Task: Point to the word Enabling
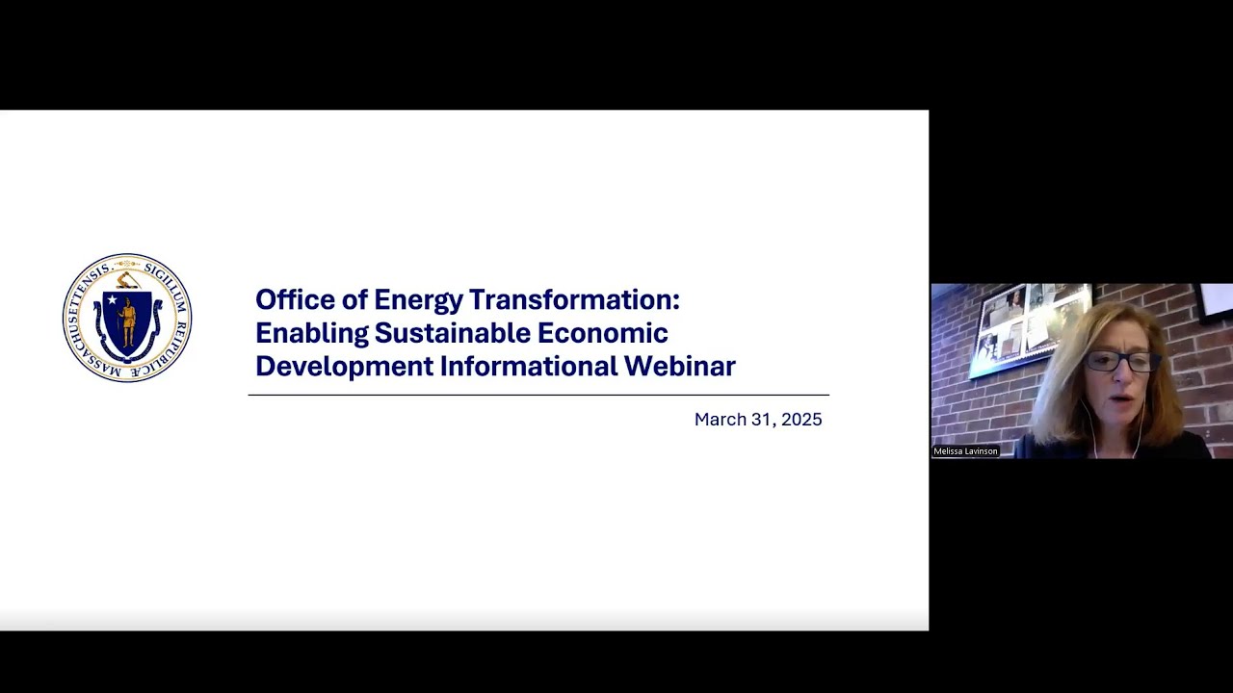click(311, 334)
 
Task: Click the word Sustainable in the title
click(452, 333)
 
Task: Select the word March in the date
click(719, 420)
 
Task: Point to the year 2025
click(801, 420)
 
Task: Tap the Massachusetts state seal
click(127, 318)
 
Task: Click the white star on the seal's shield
click(112, 300)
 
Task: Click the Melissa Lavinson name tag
click(965, 451)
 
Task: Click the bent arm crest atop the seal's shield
click(127, 280)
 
